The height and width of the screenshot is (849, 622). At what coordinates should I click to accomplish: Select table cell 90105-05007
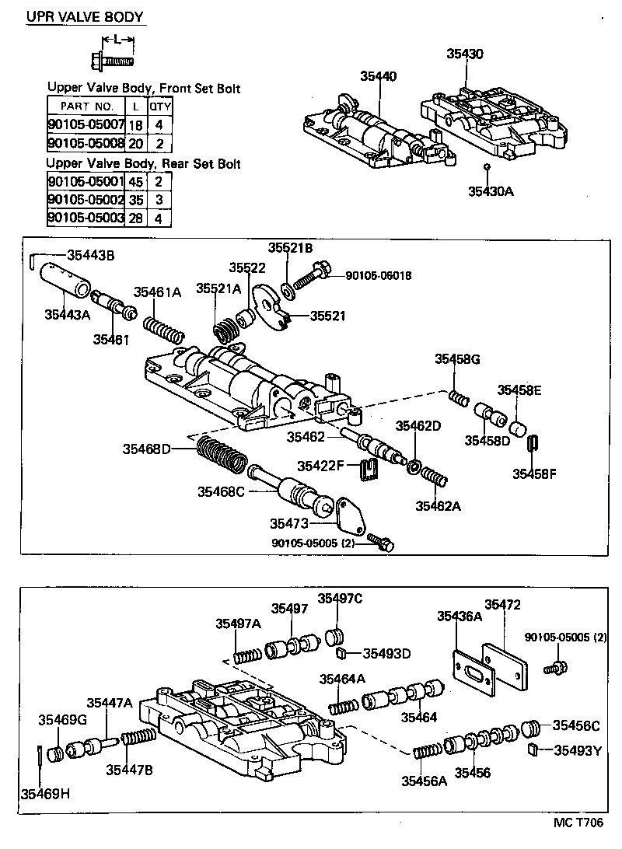pos(86,124)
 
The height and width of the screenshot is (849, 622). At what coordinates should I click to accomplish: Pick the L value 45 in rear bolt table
pos(135,181)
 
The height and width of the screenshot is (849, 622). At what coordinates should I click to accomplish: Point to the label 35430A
pos(491,191)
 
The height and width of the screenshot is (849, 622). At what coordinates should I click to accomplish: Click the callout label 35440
pos(378,76)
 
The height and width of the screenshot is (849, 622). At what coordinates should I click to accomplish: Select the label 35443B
pos(90,254)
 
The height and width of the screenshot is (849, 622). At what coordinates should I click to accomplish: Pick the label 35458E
pos(519,390)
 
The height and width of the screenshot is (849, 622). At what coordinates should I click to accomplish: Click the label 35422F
pos(320,465)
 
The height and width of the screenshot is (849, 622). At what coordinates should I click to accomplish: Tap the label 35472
pos(503,603)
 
